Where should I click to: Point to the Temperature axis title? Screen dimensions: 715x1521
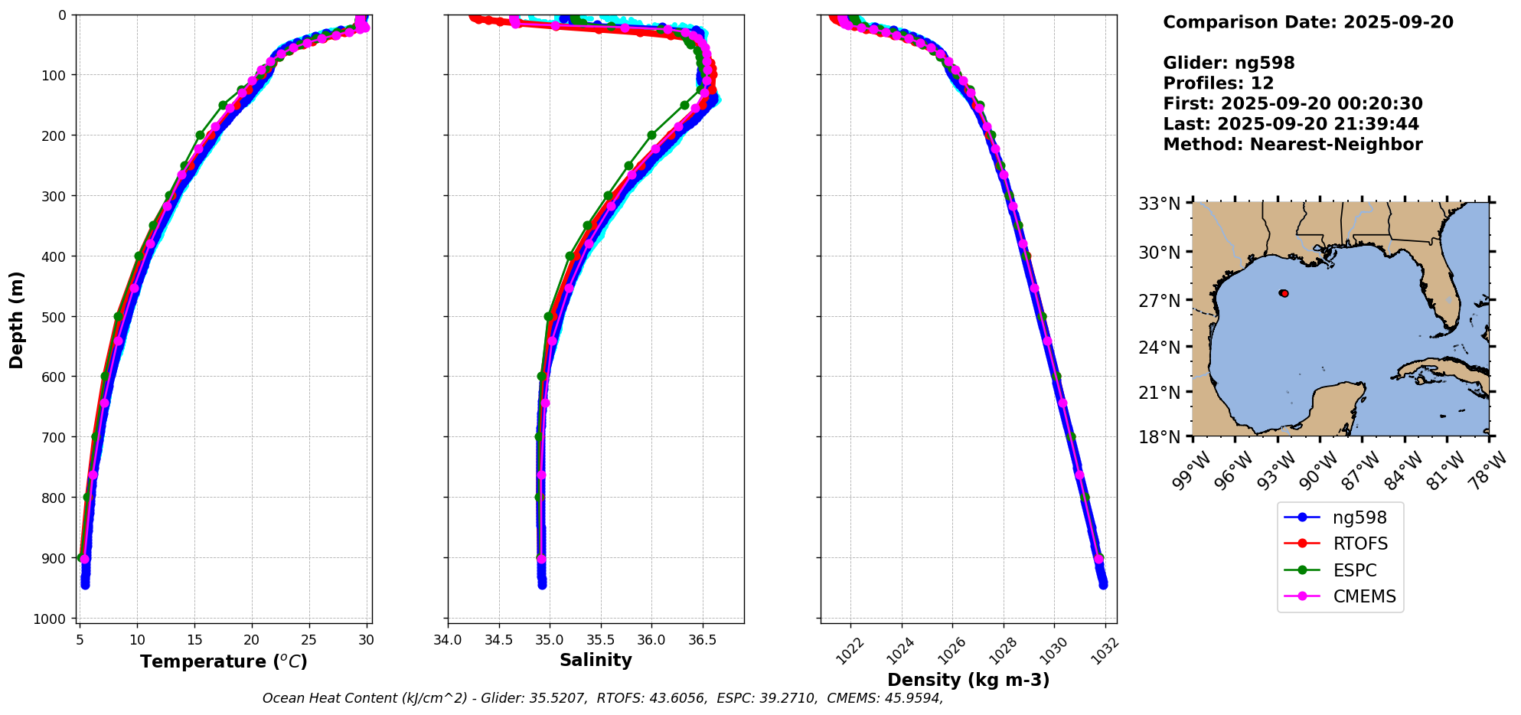pyautogui.click(x=224, y=661)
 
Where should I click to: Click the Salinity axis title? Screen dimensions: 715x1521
pyautogui.click(x=596, y=661)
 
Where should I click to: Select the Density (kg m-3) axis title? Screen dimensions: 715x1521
pyautogui.click(x=968, y=680)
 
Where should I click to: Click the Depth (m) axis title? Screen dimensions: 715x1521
pyautogui.click(x=17, y=319)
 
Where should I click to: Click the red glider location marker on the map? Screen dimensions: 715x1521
pyautogui.click(x=1284, y=293)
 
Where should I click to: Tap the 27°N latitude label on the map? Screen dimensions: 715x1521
pyautogui.click(x=1159, y=300)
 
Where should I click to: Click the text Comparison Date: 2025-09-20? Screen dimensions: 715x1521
pyautogui.click(x=1307, y=22)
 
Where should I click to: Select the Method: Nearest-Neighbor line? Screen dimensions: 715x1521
pyautogui.click(x=1292, y=145)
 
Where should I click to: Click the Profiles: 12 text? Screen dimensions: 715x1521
pyautogui.click(x=1218, y=83)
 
